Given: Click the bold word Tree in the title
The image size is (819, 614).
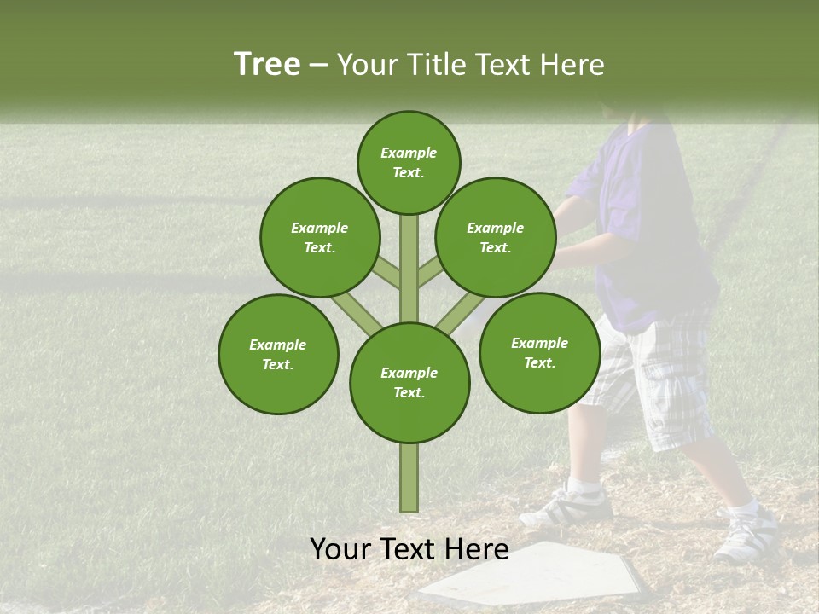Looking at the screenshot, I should coord(267,65).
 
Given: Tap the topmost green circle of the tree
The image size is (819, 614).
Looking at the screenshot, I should coord(409,162).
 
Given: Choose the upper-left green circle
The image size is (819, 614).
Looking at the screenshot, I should coord(320,237).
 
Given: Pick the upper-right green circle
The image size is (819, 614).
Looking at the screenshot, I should coord(496,237).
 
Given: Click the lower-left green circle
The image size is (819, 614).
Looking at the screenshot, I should coord(278,354).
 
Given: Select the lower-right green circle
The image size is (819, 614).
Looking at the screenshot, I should coord(539,352).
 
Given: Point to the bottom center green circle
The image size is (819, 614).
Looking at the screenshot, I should coord(409,382).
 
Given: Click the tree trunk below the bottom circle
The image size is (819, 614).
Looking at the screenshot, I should coord(409,478).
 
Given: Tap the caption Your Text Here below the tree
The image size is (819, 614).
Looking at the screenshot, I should coord(409,550).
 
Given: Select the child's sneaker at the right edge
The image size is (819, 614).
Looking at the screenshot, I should coord(746,537).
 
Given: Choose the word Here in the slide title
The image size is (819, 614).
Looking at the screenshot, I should coord(575,65).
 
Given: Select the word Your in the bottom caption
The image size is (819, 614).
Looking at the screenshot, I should coord(340,550).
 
